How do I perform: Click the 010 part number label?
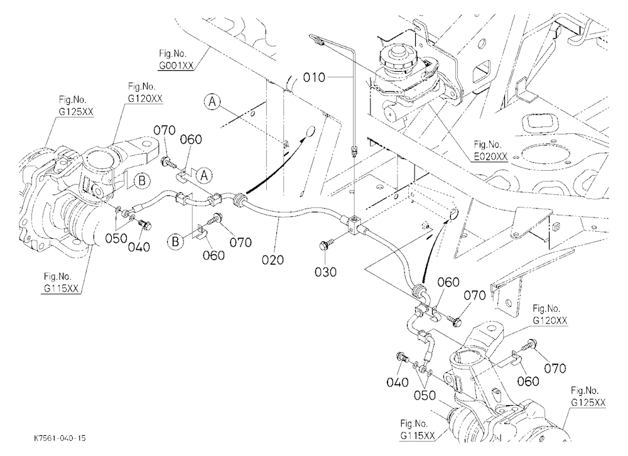[x=314, y=77]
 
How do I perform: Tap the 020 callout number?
[x=273, y=260]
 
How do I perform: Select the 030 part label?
[x=325, y=272]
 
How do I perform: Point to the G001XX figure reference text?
[x=175, y=66]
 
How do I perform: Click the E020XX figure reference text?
[x=490, y=156]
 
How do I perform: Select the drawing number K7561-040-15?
[x=60, y=438]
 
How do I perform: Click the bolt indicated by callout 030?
[x=325, y=244]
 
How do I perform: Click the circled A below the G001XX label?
[x=212, y=102]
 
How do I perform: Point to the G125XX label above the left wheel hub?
[x=76, y=112]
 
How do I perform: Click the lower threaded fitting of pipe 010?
[x=353, y=151]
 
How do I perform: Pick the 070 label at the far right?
[x=555, y=368]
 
